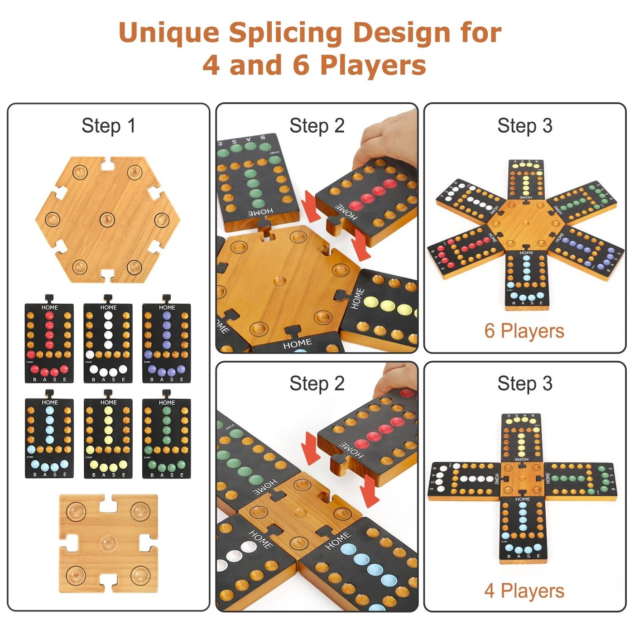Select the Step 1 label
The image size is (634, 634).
pos(108,126)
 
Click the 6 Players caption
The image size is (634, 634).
pos(524,331)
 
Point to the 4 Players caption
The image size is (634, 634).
pos(524,591)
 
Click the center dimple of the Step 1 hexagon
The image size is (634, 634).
pos(108,219)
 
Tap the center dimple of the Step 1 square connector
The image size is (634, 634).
pos(108,542)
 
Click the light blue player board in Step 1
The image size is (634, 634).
pos(49,438)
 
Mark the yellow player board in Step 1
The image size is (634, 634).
pos(108,438)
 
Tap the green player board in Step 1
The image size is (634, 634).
pos(167,438)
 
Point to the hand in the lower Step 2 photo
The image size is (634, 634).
pos(399,376)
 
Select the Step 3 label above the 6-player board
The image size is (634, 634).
pos(525,126)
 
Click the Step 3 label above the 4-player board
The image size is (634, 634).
pos(525,384)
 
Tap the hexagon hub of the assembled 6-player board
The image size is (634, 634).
pos(525,224)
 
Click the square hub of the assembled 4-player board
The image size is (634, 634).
pos(522,479)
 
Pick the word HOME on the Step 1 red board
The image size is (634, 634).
pos(49,307)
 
